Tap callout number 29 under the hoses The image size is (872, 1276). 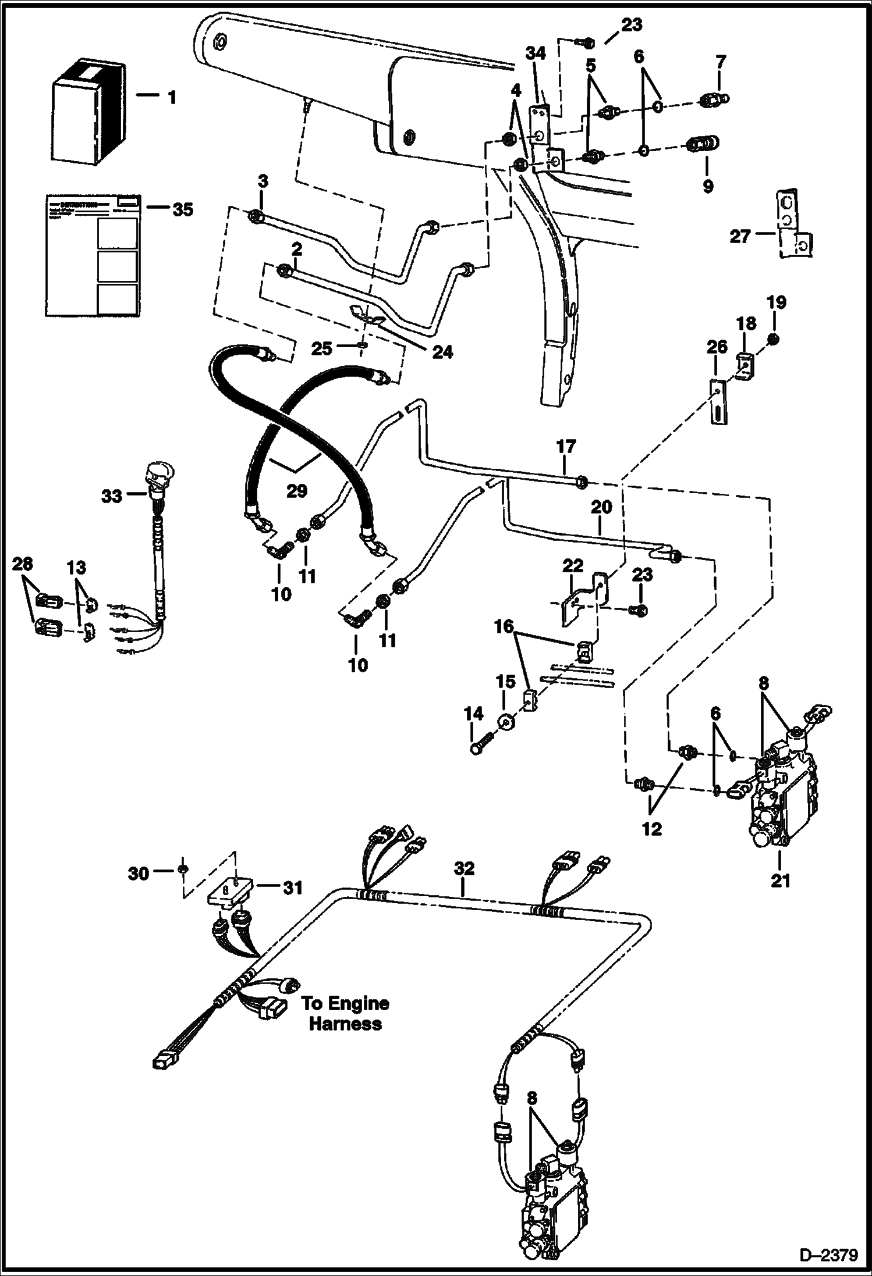point(296,491)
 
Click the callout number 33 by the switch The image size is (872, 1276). point(112,496)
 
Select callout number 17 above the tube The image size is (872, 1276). point(566,447)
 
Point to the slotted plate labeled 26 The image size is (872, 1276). point(719,402)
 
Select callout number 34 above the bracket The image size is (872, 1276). point(536,54)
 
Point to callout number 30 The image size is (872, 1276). point(138,873)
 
